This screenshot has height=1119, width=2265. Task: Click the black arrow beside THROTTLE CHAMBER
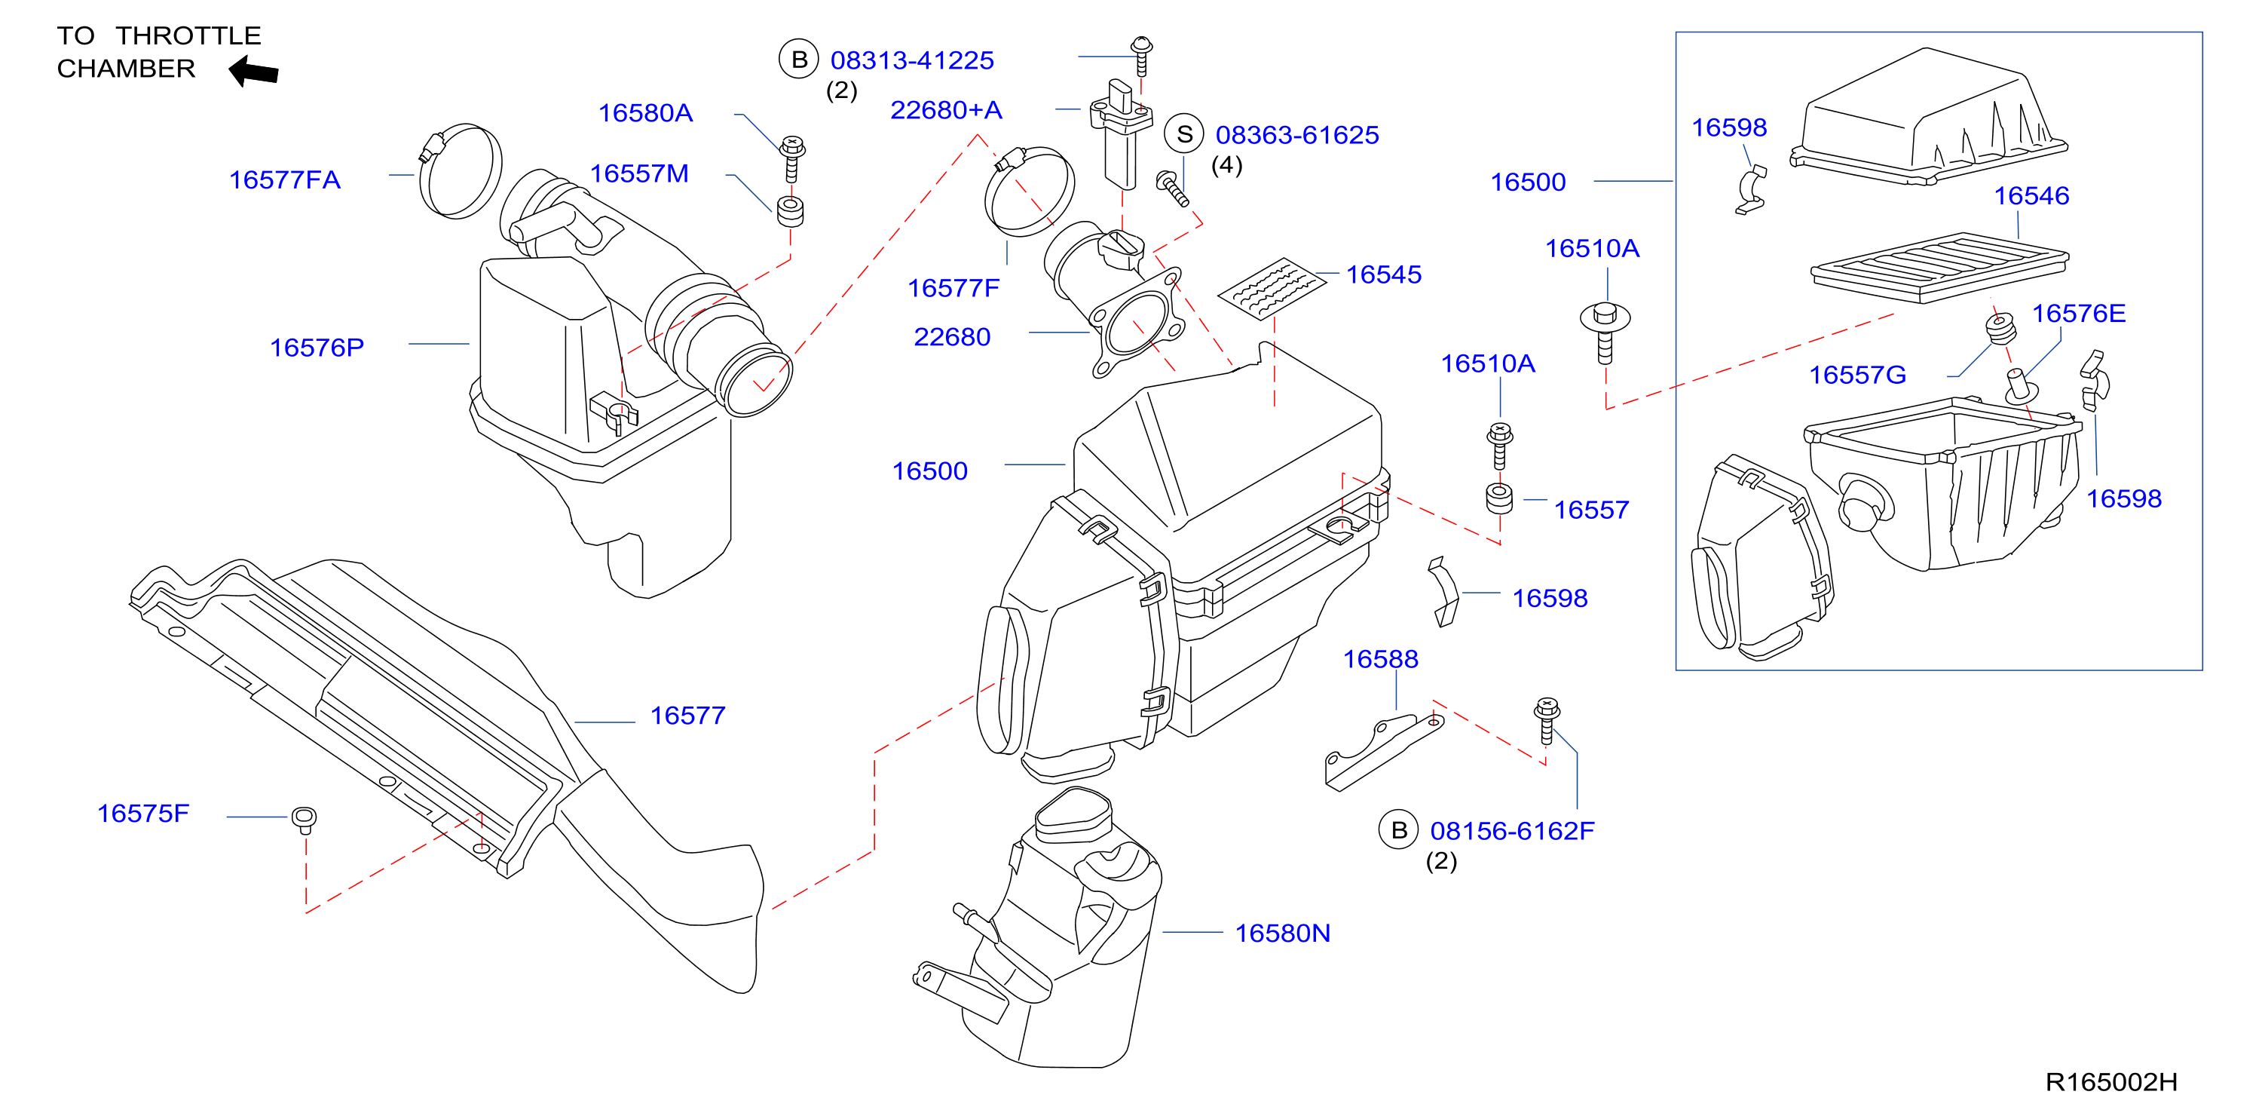[x=253, y=71]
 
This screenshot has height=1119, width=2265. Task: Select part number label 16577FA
[x=284, y=179]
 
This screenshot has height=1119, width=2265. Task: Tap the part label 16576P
[x=317, y=348]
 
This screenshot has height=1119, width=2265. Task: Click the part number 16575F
[x=142, y=813]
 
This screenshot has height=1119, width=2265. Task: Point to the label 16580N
[x=1282, y=933]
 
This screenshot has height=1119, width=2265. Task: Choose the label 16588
[x=1380, y=659]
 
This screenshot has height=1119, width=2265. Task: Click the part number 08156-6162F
[x=1511, y=830]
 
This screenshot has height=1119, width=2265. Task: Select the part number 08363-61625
[x=1297, y=134]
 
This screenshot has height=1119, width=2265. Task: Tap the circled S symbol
[x=1183, y=133]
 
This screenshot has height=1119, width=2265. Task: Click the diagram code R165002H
[x=2111, y=1082]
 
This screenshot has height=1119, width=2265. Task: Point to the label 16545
[x=1383, y=274]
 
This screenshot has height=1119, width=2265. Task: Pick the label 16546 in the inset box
[x=2031, y=195]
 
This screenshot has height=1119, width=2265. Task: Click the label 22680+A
[x=946, y=110]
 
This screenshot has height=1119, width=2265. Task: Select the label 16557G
[x=1857, y=375]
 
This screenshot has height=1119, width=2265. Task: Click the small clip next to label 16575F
[x=305, y=819]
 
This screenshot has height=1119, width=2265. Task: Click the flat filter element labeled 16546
[x=1939, y=268]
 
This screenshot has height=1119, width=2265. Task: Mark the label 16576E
[x=2079, y=313]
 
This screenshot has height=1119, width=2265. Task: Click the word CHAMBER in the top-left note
[x=126, y=69]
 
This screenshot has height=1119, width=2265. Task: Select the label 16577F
[x=953, y=288]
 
